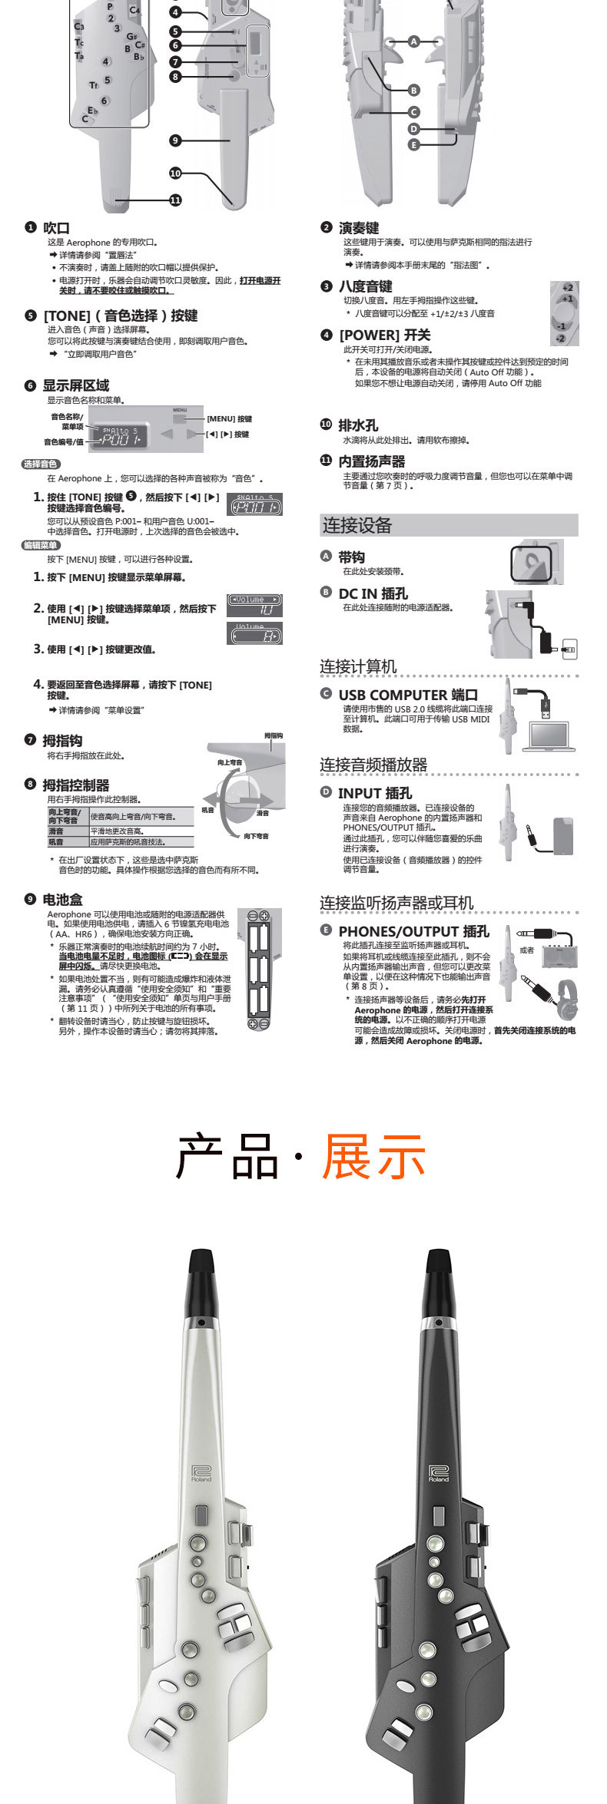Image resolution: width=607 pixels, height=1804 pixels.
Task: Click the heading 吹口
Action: pyautogui.click(x=55, y=228)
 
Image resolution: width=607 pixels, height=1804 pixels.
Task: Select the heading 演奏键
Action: pyautogui.click(x=359, y=228)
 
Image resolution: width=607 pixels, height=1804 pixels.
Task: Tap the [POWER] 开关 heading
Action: pyautogui.click(x=384, y=335)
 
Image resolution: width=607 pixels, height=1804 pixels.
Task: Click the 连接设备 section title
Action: pyautogui.click(x=357, y=525)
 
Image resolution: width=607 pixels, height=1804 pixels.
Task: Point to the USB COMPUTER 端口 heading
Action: pyautogui.click(x=407, y=695)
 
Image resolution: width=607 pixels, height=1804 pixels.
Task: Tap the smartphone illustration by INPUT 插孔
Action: pyautogui.click(x=563, y=836)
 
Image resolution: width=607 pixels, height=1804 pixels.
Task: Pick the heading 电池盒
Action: pyautogui.click(x=62, y=899)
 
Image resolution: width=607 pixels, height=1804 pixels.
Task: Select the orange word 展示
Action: pyautogui.click(x=373, y=1156)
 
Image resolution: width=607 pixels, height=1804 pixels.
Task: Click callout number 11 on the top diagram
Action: pyautogui.click(x=175, y=200)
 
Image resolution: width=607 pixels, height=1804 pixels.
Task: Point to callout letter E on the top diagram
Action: pyautogui.click(x=413, y=144)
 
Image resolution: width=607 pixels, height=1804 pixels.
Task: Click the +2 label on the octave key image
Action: pyautogui.click(x=567, y=287)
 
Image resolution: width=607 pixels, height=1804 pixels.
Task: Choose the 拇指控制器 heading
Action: pyautogui.click(x=75, y=785)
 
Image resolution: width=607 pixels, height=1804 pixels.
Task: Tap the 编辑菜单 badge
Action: pyautogui.click(x=40, y=545)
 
